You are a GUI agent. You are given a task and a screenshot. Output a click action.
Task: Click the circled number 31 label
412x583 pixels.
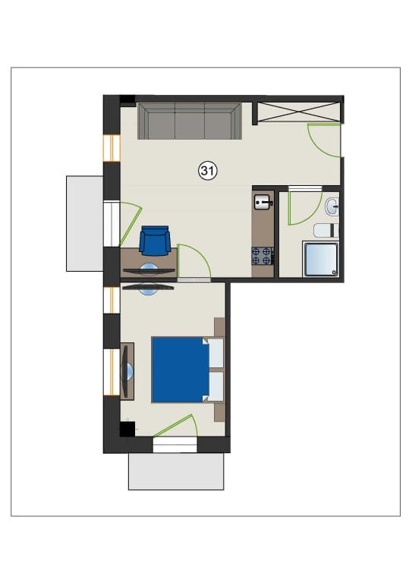coord(208,171)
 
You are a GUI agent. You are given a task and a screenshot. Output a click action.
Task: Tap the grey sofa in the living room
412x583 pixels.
coord(190,121)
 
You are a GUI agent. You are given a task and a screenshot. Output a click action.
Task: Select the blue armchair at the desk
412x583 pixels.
coord(155,241)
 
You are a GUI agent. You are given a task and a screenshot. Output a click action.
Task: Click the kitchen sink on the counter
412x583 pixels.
coord(263,202)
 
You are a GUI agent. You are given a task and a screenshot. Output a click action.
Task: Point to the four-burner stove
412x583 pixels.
coord(263,256)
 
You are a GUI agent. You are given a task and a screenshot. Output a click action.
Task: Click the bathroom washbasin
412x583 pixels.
coord(332,206)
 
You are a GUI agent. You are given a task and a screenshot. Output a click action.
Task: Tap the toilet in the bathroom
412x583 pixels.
coord(326,231)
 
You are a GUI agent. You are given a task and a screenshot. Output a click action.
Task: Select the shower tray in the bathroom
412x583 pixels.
coord(321,260)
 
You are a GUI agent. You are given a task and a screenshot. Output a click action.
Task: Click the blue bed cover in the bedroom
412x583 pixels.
coord(180,370)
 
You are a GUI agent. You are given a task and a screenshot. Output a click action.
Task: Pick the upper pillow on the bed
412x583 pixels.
coord(215,353)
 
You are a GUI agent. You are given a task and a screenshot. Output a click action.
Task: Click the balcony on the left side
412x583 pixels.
coord(85,224)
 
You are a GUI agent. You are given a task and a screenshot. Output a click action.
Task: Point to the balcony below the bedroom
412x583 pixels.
coord(176,471)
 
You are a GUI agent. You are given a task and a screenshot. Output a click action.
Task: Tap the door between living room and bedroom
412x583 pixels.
coord(194,260)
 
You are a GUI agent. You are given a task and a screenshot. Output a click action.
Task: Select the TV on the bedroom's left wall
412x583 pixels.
coord(127,371)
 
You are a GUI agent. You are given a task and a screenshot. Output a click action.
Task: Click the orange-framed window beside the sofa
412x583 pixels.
coord(112,148)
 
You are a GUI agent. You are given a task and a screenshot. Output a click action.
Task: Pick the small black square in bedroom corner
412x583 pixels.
coord(127,429)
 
